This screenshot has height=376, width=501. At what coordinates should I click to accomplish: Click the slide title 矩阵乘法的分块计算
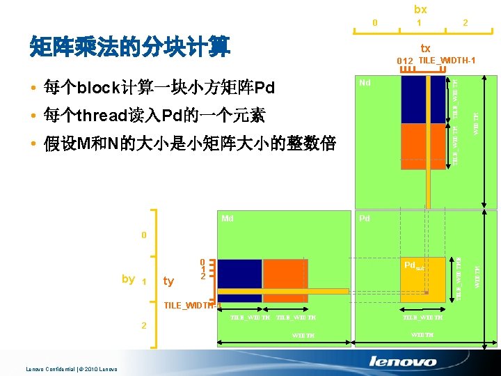pyautogui.click(x=130, y=47)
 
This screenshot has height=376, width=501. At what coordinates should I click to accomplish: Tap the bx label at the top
pyautogui.click(x=420, y=9)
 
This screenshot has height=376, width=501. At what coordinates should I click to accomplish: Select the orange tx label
pyautogui.click(x=425, y=48)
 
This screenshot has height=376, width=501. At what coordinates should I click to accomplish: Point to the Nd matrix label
pyautogui.click(x=365, y=83)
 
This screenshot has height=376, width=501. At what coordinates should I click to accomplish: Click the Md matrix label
pyautogui.click(x=227, y=219)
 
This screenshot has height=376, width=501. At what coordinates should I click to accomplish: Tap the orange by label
pyautogui.click(x=128, y=279)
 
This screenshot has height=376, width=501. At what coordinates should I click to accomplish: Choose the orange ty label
pyautogui.click(x=168, y=281)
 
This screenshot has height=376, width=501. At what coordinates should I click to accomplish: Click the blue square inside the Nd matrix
pyautogui.click(x=423, y=99)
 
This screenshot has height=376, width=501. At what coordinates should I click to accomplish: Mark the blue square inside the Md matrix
pyautogui.click(x=241, y=280)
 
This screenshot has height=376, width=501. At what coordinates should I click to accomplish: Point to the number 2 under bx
pyautogui.click(x=466, y=23)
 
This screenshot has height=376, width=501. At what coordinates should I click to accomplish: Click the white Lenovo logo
pyautogui.click(x=403, y=361)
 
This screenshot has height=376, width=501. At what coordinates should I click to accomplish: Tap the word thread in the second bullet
pyautogui.click(x=104, y=116)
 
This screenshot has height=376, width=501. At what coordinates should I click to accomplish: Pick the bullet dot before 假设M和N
pyautogui.click(x=33, y=144)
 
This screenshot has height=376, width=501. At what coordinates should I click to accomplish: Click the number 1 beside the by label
pyautogui.click(x=144, y=281)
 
